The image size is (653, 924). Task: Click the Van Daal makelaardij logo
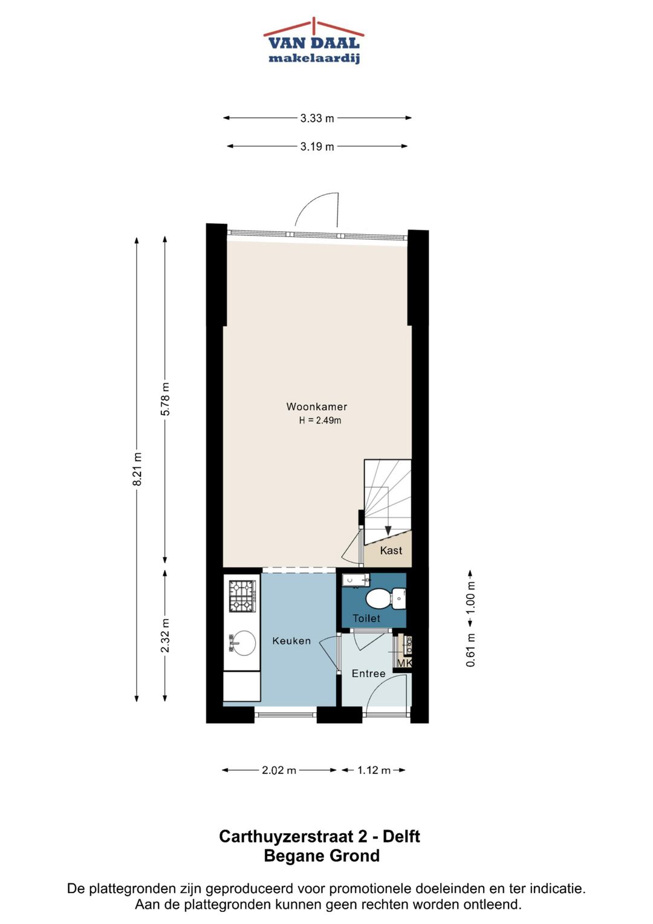click(314, 41)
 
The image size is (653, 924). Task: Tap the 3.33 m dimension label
click(317, 119)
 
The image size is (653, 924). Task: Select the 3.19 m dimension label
click(317, 146)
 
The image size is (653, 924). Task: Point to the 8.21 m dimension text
click(137, 468)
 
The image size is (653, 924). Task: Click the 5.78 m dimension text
click(165, 399)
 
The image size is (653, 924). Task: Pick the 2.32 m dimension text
click(165, 635)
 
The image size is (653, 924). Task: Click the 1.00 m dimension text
click(471, 597)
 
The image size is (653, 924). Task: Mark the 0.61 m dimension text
click(471, 650)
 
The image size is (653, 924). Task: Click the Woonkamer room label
click(317, 407)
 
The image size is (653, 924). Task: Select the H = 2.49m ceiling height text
click(320, 421)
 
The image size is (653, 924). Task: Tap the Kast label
click(391, 550)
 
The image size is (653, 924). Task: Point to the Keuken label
click(291, 641)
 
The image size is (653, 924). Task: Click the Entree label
click(369, 673)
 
